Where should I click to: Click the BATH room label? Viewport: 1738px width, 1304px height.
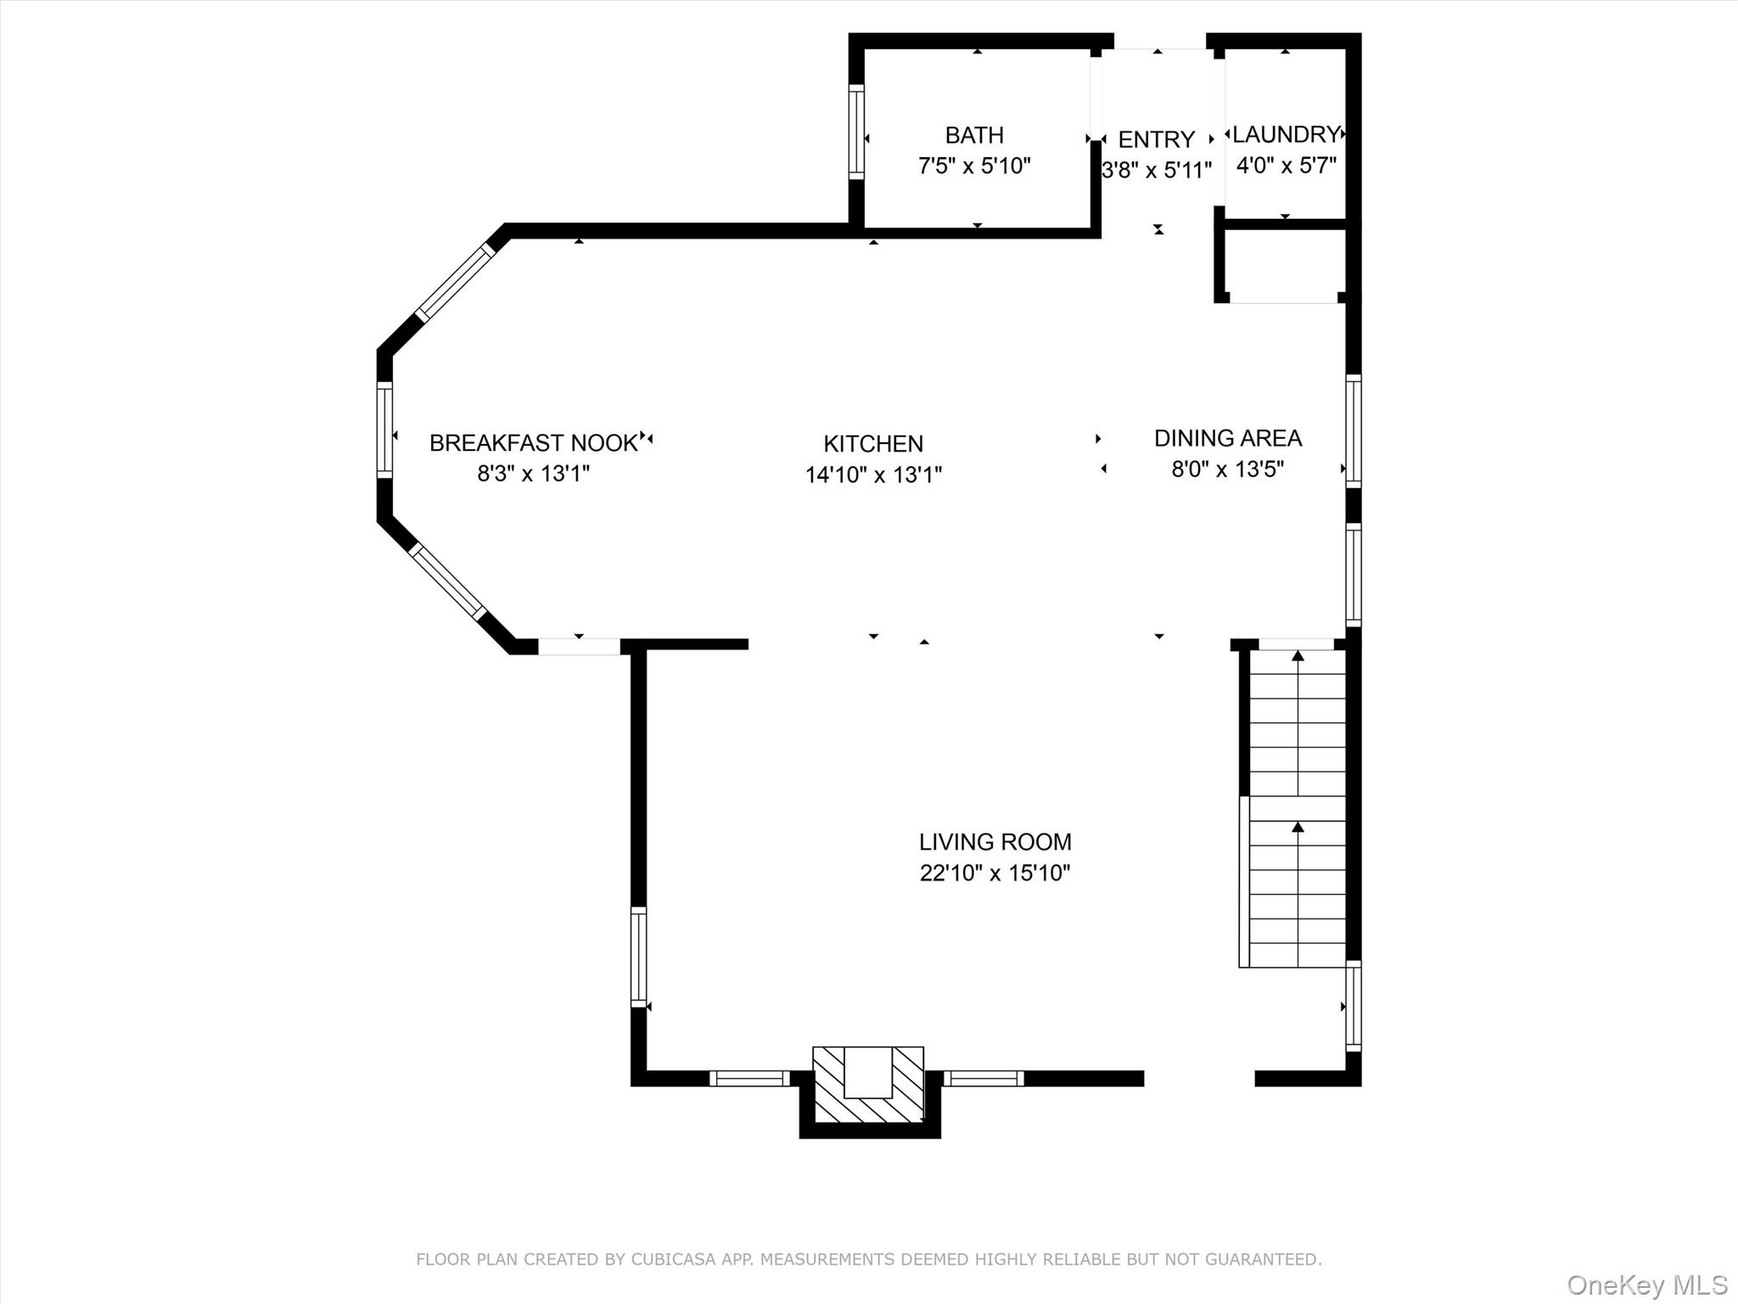(x=974, y=135)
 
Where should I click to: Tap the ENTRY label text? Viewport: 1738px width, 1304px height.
(x=1156, y=139)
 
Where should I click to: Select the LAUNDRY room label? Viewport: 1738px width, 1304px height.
(x=1285, y=134)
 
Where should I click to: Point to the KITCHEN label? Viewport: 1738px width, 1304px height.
(x=873, y=443)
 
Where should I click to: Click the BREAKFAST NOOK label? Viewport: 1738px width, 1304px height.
(x=533, y=442)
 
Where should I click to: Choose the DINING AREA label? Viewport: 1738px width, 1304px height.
(x=1227, y=438)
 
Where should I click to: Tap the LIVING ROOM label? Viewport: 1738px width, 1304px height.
(x=995, y=841)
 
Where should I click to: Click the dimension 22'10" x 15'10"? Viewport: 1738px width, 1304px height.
(x=995, y=873)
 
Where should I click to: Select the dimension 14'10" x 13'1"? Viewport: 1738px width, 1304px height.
(x=873, y=475)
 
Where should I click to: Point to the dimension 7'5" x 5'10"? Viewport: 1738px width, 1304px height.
(x=974, y=166)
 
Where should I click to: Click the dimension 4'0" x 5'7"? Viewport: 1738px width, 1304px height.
(x=1286, y=166)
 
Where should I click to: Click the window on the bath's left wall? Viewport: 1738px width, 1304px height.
(x=856, y=132)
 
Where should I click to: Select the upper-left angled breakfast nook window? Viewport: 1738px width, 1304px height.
(x=454, y=282)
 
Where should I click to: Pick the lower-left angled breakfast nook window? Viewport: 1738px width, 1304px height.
(x=447, y=582)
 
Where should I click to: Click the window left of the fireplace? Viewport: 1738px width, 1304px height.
(x=749, y=1078)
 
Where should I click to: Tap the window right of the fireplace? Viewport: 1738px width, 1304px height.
(x=984, y=1078)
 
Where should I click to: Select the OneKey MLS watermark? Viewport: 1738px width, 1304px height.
(x=1646, y=1284)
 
